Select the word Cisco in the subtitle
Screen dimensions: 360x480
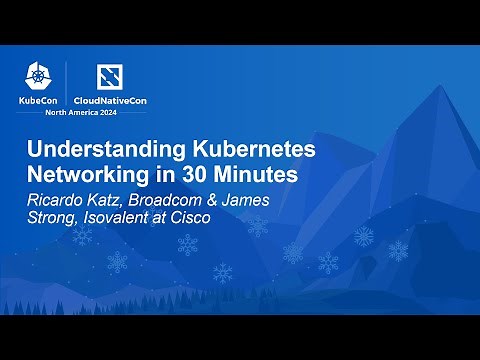click(189, 216)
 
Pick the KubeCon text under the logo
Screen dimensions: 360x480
click(38, 100)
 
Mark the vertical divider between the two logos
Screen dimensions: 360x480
click(67, 84)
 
